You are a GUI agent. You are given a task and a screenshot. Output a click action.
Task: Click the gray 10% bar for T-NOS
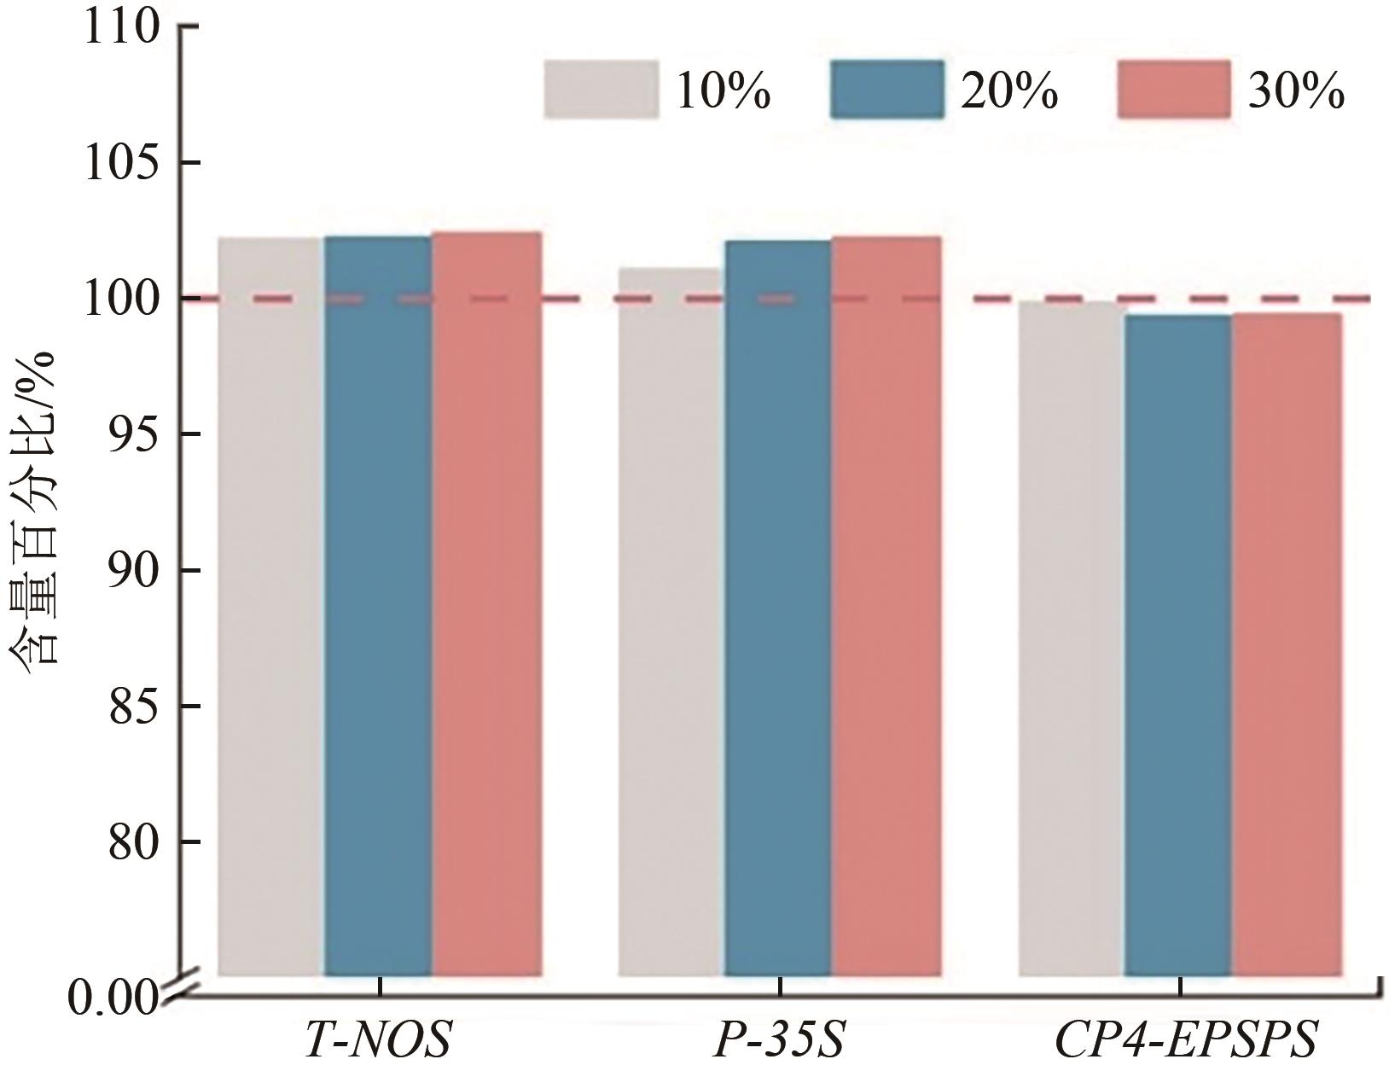[270, 606]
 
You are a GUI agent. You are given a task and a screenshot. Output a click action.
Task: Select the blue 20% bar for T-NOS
[378, 606]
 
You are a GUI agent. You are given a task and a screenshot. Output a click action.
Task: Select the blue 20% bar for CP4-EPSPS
[1178, 645]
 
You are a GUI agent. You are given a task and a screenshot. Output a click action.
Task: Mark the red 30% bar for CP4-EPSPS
[1287, 644]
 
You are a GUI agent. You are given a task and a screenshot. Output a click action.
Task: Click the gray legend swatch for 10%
[602, 89]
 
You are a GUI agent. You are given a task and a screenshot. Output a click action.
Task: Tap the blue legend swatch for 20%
[887, 89]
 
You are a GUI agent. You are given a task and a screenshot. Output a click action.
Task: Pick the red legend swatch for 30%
[1174, 89]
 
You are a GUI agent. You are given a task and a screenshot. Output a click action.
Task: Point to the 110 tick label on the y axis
[121, 27]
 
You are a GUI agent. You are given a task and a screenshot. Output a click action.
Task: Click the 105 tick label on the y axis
[121, 163]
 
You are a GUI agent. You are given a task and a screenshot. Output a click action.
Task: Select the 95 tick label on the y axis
[134, 434]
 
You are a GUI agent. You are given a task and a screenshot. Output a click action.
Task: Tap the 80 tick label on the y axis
[134, 841]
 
